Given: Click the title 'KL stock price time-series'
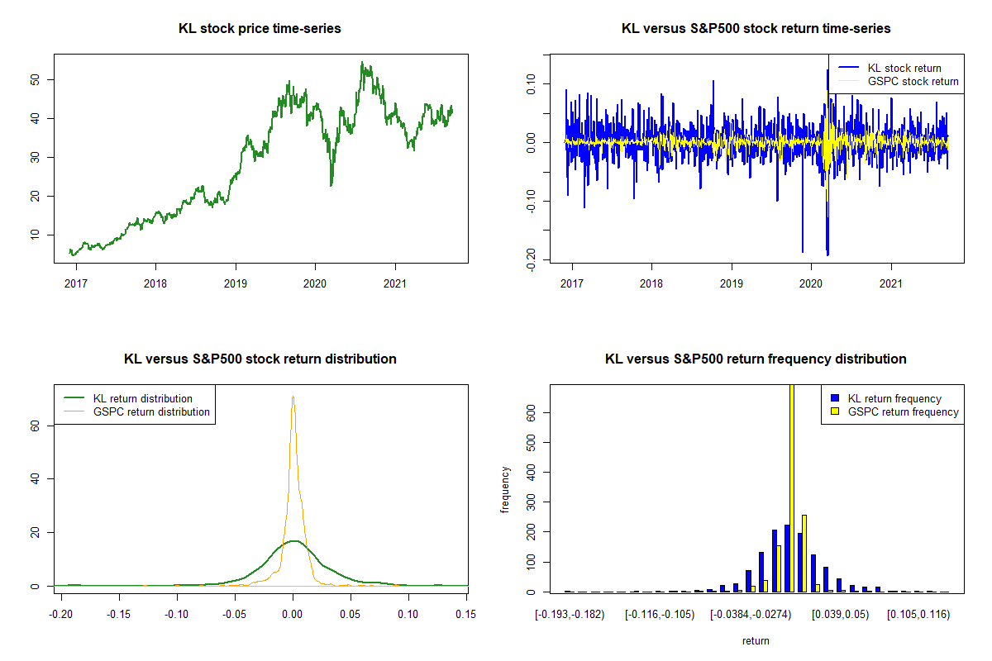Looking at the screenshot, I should click(x=260, y=29).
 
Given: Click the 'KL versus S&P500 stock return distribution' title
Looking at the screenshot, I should click(x=260, y=359).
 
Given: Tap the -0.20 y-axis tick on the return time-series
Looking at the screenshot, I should click(x=532, y=256).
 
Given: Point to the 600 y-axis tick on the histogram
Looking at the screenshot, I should click(x=532, y=411).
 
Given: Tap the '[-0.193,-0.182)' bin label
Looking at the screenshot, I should click(x=570, y=616).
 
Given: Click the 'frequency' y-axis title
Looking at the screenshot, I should click(x=506, y=490).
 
